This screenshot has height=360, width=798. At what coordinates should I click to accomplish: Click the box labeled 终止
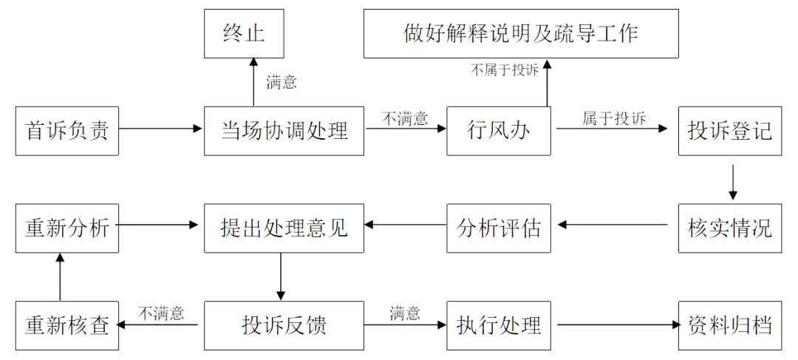tap(244, 34)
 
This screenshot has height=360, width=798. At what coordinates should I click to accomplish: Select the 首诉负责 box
tap(67, 131)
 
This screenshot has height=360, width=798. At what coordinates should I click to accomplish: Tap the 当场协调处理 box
tap(284, 131)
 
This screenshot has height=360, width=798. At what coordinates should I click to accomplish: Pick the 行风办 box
tap(499, 131)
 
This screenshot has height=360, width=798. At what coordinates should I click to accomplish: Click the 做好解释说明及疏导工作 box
tap(521, 34)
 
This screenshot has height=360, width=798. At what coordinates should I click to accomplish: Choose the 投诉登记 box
tap(730, 131)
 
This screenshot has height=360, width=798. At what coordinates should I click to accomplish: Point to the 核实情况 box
tap(730, 228)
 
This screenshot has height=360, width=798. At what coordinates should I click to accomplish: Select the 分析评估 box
tap(499, 228)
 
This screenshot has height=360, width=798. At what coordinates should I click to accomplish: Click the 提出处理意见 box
tap(284, 228)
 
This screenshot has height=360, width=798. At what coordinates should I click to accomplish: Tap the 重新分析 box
tap(67, 228)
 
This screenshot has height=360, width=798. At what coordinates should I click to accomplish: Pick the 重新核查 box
tap(67, 325)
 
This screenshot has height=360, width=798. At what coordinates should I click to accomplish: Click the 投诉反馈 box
tap(284, 325)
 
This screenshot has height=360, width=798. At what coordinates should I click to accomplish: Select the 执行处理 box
tap(499, 325)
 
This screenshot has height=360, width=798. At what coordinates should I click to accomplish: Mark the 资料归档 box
tap(730, 325)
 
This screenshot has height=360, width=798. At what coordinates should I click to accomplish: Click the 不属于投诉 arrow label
tap(505, 69)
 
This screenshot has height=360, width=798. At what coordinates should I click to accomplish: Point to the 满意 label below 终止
tap(281, 82)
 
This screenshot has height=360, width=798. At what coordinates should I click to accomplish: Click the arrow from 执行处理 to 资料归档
tap(618, 325)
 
